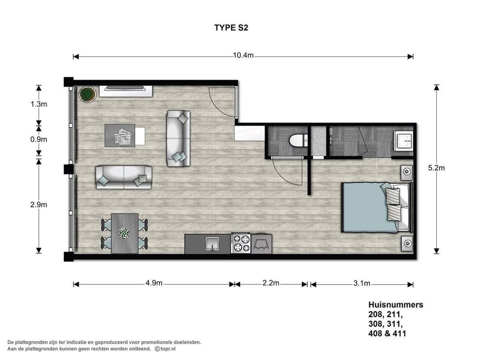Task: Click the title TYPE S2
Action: click(x=231, y=28)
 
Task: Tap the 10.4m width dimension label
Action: click(x=243, y=56)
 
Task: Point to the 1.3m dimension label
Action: click(x=39, y=104)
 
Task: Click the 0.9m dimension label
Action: click(x=39, y=139)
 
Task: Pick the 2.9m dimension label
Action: click(x=39, y=204)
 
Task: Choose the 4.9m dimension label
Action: click(x=154, y=284)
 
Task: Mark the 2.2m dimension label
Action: click(x=270, y=284)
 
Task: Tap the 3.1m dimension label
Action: click(x=361, y=284)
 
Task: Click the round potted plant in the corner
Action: click(x=87, y=94)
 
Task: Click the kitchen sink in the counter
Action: click(x=212, y=244)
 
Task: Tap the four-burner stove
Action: click(x=241, y=244)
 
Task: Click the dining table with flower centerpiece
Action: click(x=124, y=233)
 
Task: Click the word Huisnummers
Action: click(x=396, y=305)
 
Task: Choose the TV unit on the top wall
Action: click(x=126, y=90)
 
